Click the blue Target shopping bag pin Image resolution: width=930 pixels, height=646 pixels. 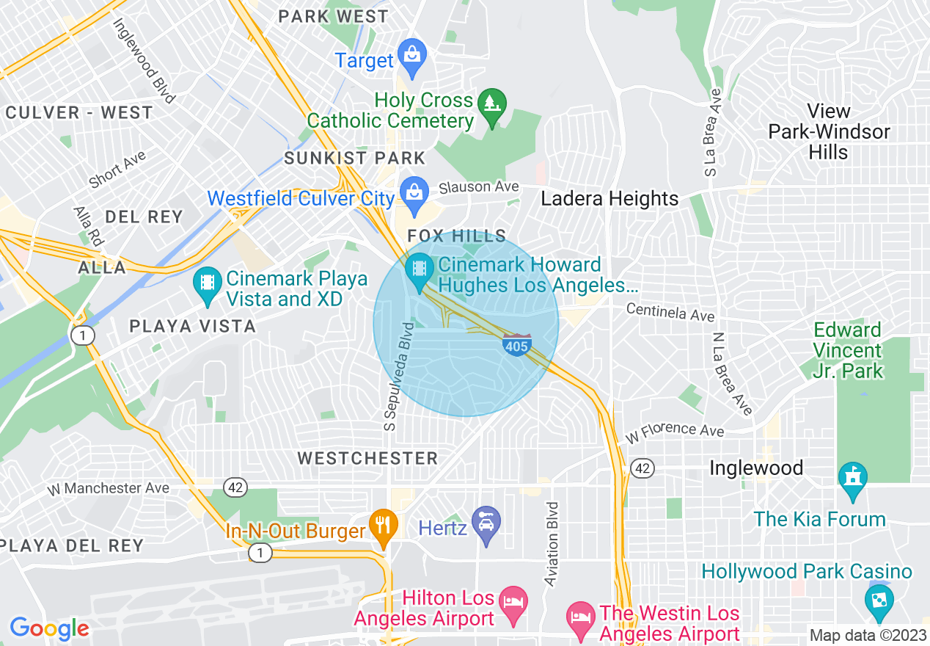(x=412, y=56)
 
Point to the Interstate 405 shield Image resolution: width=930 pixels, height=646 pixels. (x=517, y=344)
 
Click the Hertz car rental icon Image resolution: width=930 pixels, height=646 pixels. (x=486, y=524)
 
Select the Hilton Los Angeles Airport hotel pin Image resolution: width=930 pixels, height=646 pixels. (x=513, y=602)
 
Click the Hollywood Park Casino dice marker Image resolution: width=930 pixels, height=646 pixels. (x=878, y=600)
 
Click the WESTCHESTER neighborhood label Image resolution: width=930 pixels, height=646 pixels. (x=367, y=458)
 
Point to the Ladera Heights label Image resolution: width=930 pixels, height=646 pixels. (x=609, y=199)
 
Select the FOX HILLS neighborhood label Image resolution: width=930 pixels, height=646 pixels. (x=457, y=236)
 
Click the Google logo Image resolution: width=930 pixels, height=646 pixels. (x=48, y=628)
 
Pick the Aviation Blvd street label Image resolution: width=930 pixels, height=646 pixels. (x=552, y=543)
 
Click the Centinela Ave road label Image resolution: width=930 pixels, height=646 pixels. (x=670, y=312)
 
